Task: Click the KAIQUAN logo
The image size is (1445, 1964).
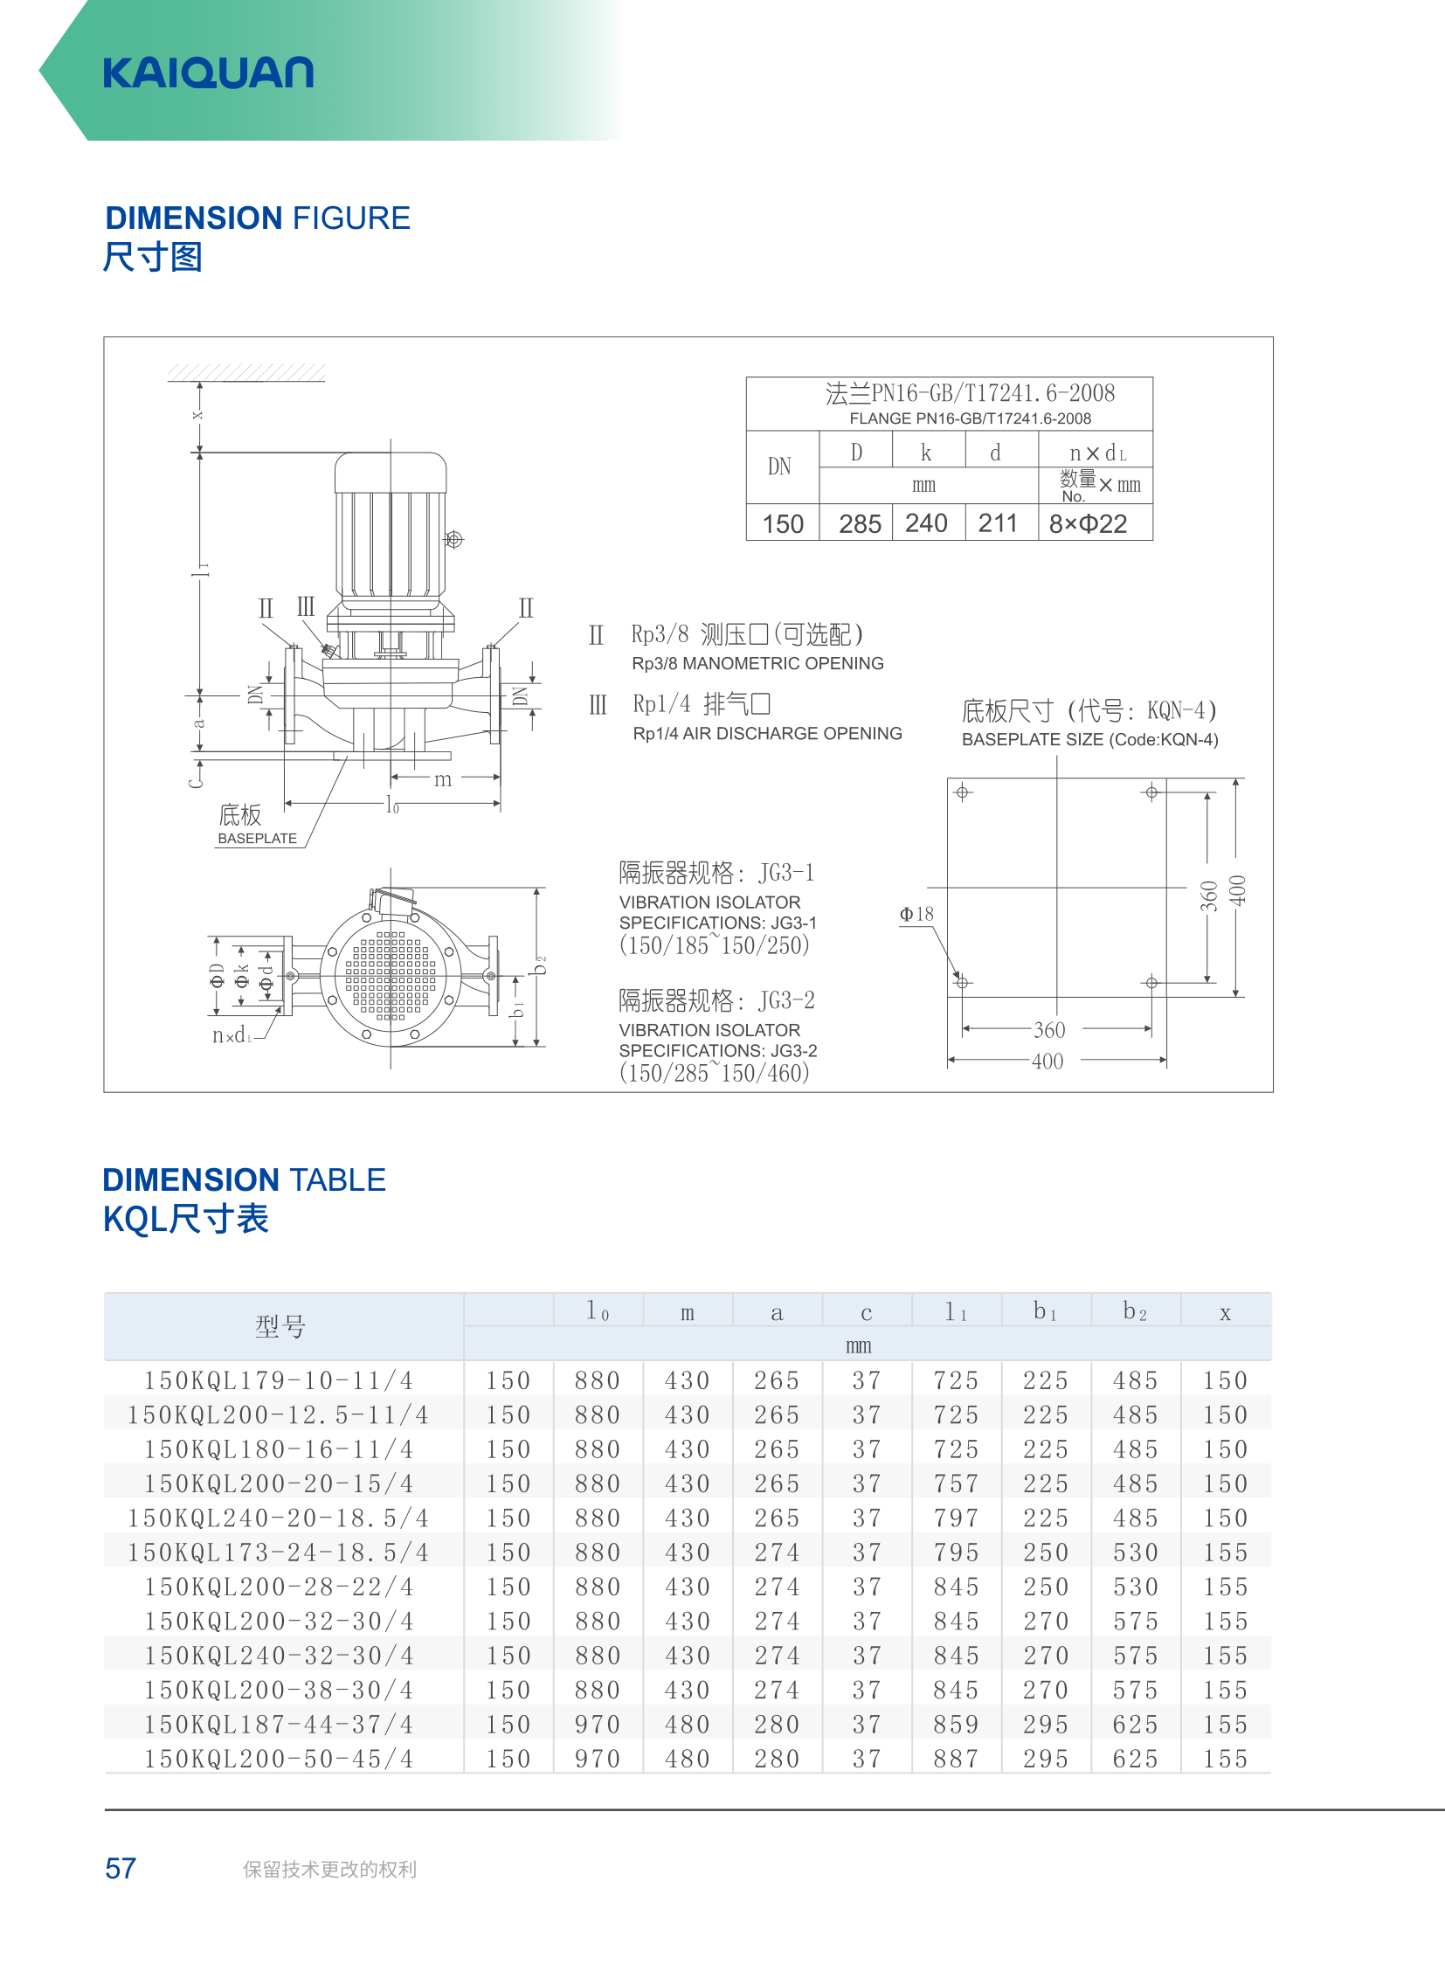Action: click(208, 73)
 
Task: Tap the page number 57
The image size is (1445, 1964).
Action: click(121, 1869)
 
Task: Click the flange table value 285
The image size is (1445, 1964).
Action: click(860, 523)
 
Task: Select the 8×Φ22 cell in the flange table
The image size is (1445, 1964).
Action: click(1089, 523)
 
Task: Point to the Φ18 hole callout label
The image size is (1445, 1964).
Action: click(916, 914)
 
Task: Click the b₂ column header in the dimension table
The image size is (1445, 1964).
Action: click(1135, 1310)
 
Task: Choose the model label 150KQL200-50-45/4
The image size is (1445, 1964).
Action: click(279, 1759)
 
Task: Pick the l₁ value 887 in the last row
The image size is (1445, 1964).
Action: click(956, 1759)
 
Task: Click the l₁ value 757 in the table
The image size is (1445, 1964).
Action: click(956, 1483)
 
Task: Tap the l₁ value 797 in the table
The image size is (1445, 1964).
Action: click(956, 1518)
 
